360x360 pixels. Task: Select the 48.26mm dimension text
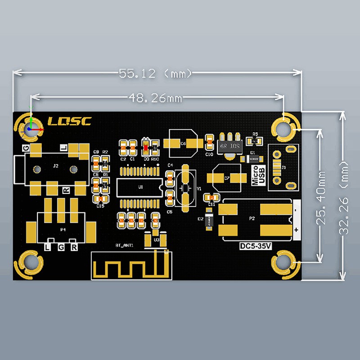click(x=156, y=97)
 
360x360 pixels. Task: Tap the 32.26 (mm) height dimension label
click(x=345, y=196)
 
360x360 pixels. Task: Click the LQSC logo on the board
click(x=69, y=121)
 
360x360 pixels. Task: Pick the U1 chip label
click(x=140, y=186)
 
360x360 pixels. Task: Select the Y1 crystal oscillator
click(x=185, y=188)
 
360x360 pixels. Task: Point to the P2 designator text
click(x=252, y=219)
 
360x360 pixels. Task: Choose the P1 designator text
click(x=63, y=229)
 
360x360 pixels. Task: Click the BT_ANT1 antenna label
click(x=124, y=246)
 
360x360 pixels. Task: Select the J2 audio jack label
click(x=55, y=166)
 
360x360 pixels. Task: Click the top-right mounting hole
click(x=284, y=129)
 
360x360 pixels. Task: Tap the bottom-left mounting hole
click(x=31, y=262)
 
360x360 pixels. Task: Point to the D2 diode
click(x=208, y=221)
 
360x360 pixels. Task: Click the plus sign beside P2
click(x=296, y=230)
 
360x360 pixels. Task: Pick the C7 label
click(x=227, y=178)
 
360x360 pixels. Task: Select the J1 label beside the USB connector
click(x=283, y=167)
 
